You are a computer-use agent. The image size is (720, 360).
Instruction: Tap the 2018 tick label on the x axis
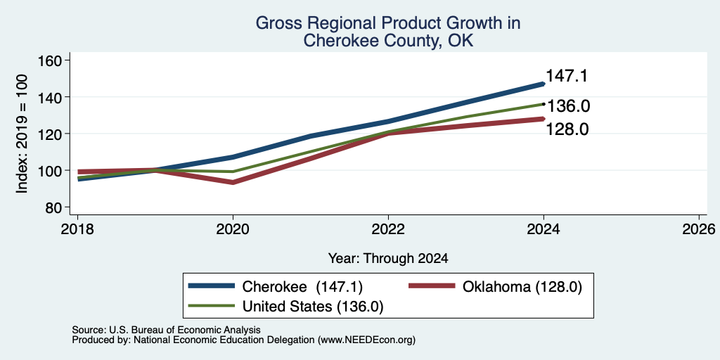tap(77, 229)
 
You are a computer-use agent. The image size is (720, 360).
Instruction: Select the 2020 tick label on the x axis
tap(233, 229)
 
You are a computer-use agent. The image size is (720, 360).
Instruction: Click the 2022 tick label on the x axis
tap(388, 229)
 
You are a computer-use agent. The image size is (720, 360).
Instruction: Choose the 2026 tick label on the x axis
tap(699, 229)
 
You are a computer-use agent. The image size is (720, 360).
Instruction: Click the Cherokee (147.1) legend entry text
tap(302, 287)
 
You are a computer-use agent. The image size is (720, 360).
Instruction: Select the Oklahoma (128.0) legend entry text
tap(522, 287)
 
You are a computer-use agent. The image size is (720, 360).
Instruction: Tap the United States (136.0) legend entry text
tap(313, 307)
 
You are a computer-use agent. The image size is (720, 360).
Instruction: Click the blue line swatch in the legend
tap(212, 286)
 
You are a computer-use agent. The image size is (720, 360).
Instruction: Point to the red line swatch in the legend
tap(432, 286)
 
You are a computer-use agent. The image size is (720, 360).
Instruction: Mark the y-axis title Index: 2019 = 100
tap(22, 134)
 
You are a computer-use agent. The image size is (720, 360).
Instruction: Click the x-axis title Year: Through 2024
tap(388, 259)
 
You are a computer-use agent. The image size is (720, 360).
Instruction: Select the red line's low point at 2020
tap(233, 182)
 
